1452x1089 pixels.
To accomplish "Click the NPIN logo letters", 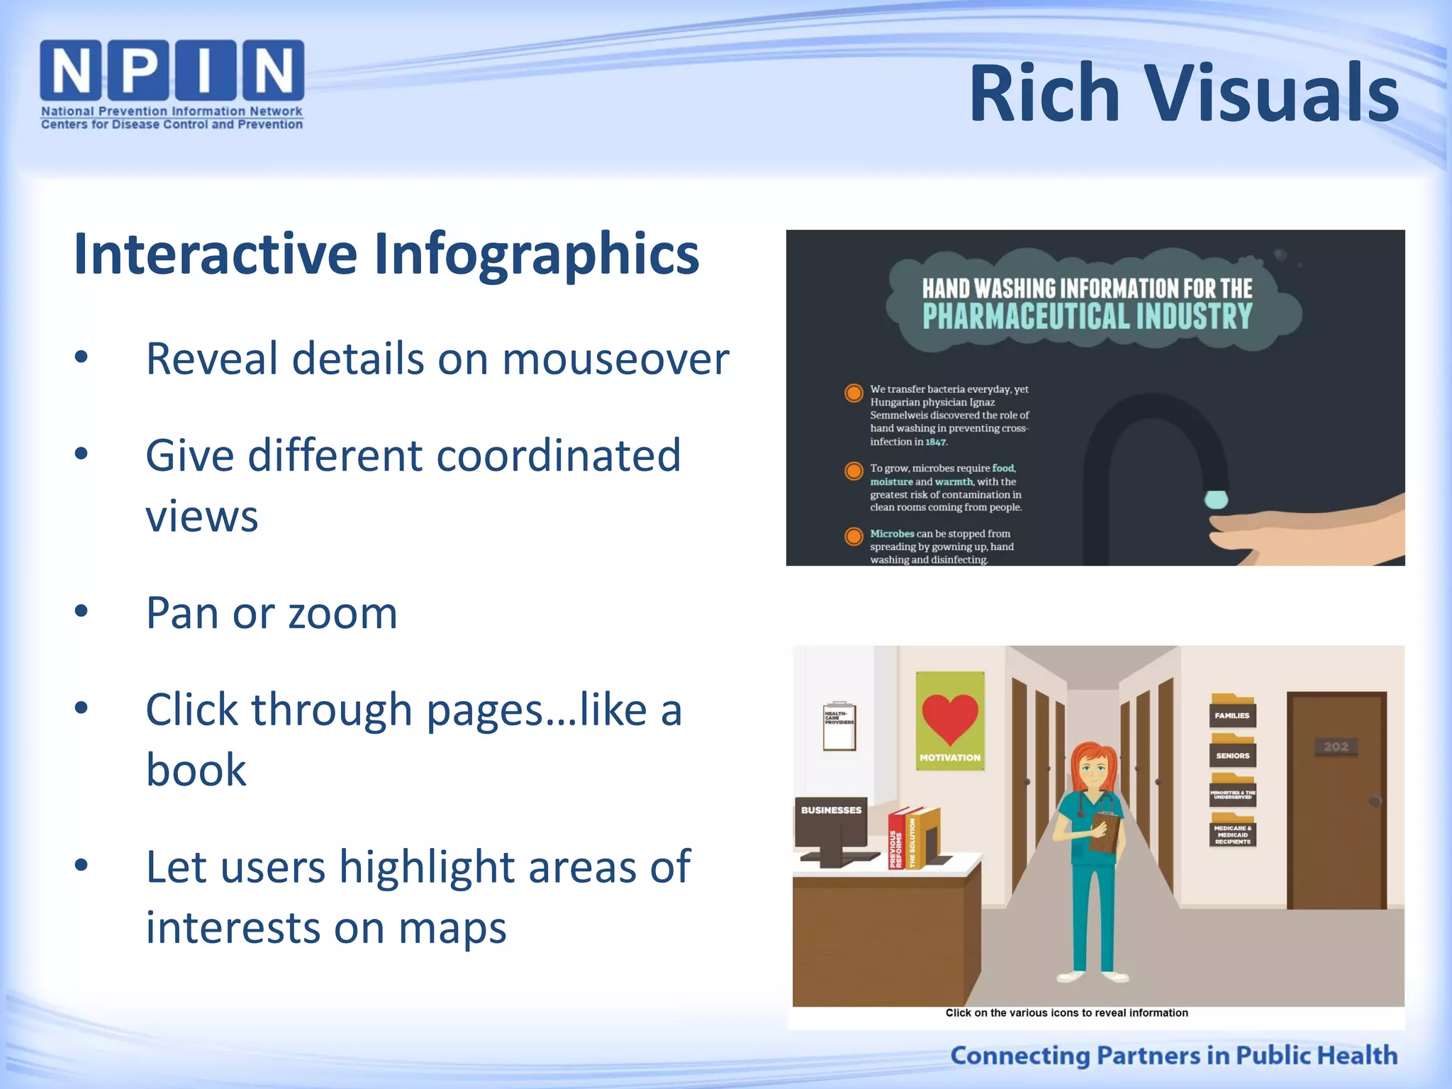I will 172,69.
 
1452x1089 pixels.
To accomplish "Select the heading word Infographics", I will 537,254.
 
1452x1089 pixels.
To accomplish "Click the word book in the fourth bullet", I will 196,770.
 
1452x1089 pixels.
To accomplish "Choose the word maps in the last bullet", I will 452,927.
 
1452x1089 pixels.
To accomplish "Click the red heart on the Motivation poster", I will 949,716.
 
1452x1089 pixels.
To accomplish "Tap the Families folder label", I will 1232,715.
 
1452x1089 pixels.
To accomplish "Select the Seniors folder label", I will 1232,756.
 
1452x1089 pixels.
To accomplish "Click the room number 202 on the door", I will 1336,747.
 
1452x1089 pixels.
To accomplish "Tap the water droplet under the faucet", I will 1216,499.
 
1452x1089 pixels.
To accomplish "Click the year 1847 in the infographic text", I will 935,442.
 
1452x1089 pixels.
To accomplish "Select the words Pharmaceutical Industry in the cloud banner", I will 1087,317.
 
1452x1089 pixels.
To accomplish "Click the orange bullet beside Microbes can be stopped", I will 854,536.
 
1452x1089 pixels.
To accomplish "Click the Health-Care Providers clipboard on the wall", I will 839,727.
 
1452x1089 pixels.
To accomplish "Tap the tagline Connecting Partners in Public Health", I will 1173,1055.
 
